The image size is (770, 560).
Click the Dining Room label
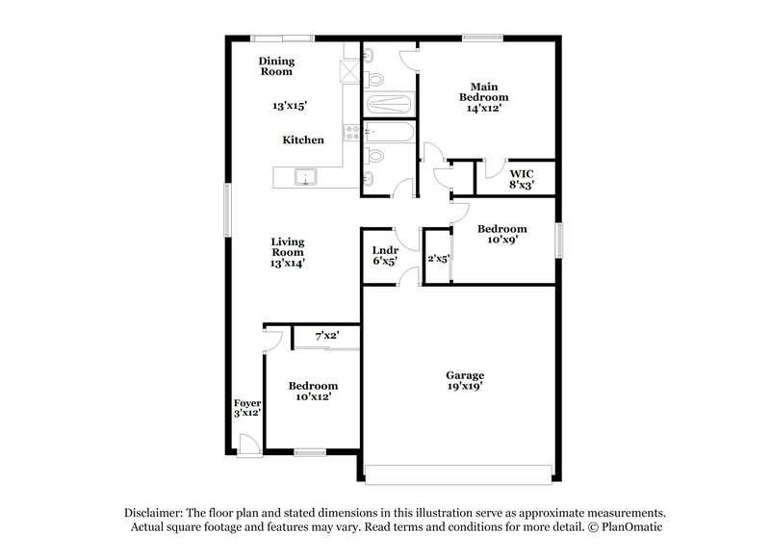click(275, 66)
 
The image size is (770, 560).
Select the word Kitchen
click(302, 140)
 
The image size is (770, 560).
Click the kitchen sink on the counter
click(305, 177)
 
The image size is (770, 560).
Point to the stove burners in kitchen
click(352, 134)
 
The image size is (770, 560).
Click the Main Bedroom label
click(483, 92)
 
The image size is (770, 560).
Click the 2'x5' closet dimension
click(439, 258)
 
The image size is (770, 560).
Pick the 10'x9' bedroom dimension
click(501, 242)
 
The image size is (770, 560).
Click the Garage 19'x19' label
click(464, 380)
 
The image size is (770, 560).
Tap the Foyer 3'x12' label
click(247, 408)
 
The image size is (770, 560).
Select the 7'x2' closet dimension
click(327, 337)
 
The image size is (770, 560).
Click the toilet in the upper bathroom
click(376, 79)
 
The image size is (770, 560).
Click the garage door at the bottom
click(460, 472)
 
